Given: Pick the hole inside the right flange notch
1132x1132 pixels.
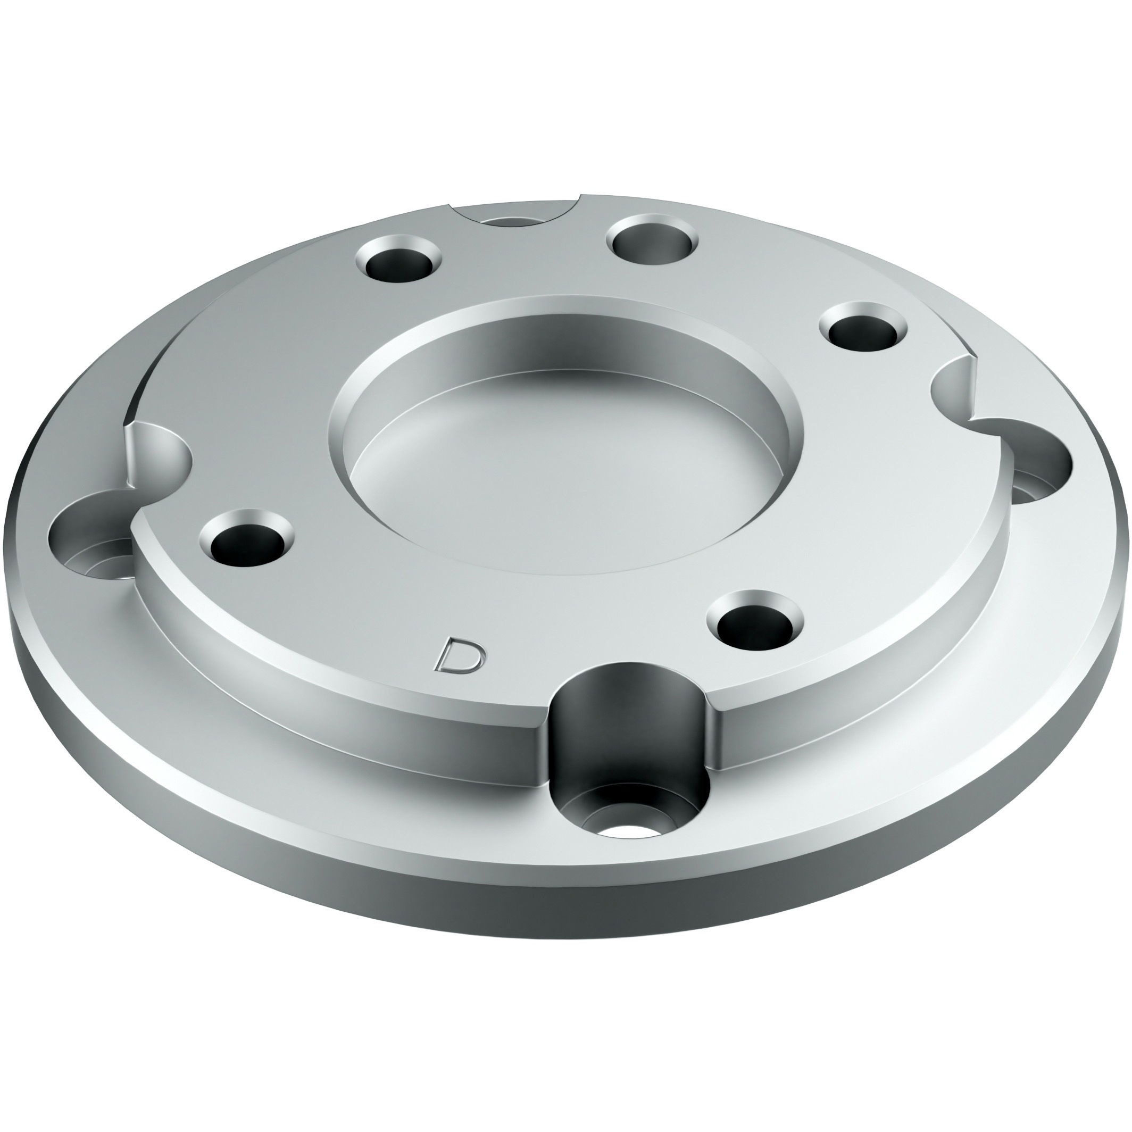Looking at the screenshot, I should point(1037,469).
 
